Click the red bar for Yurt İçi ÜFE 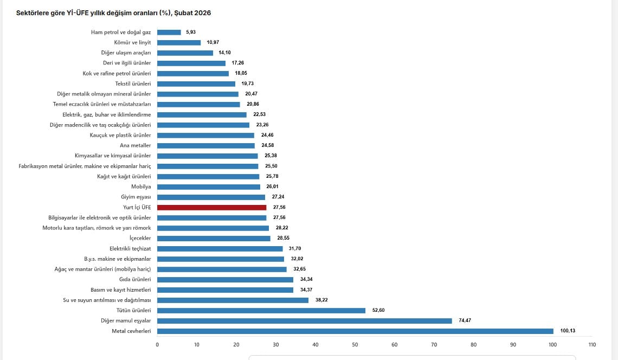211,207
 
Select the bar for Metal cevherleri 355,331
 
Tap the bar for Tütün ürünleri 261,310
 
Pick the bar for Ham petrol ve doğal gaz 169,32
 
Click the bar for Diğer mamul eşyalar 304,320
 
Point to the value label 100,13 566,331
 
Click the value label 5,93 190,32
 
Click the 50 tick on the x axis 355,344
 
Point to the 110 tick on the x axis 591,344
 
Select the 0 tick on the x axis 157,344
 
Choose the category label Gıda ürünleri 135,279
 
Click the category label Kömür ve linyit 133,42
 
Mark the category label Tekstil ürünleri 133,83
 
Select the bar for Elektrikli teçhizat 220,248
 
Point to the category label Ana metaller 135,145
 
